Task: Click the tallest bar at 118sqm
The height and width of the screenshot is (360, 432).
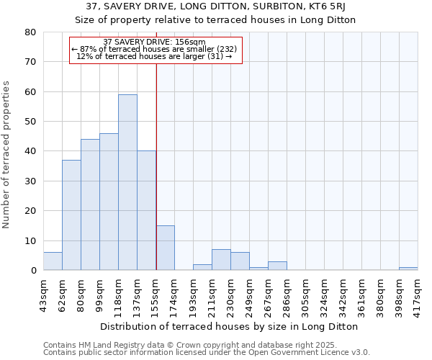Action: (x=127, y=182)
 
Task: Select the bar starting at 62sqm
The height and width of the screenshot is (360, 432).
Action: (x=71, y=215)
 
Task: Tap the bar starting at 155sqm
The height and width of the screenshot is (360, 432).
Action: (x=165, y=248)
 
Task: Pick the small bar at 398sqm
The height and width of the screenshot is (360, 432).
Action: (x=408, y=269)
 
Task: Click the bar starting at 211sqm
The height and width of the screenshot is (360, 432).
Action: (x=221, y=260)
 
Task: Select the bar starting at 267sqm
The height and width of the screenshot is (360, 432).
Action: (x=277, y=266)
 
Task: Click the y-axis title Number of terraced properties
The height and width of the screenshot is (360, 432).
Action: (x=7, y=154)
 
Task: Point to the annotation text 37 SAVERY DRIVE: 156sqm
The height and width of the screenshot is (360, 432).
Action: (x=155, y=42)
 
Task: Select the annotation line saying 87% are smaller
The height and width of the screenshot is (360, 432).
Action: (x=155, y=49)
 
